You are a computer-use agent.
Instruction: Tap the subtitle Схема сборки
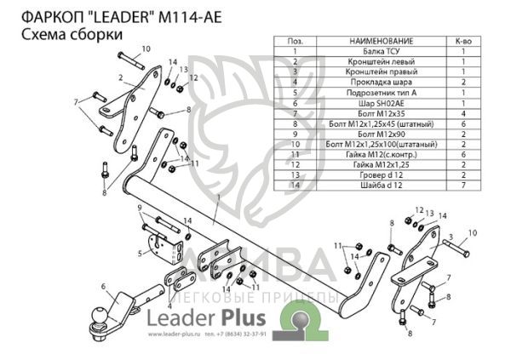coord(70,33)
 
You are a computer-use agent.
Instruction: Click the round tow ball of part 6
coord(101,315)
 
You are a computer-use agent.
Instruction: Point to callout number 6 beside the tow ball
coord(102,287)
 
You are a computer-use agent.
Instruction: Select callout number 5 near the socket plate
coord(140,254)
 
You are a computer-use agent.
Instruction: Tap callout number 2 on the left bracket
coord(122,77)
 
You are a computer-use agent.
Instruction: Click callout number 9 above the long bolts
coord(139,208)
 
